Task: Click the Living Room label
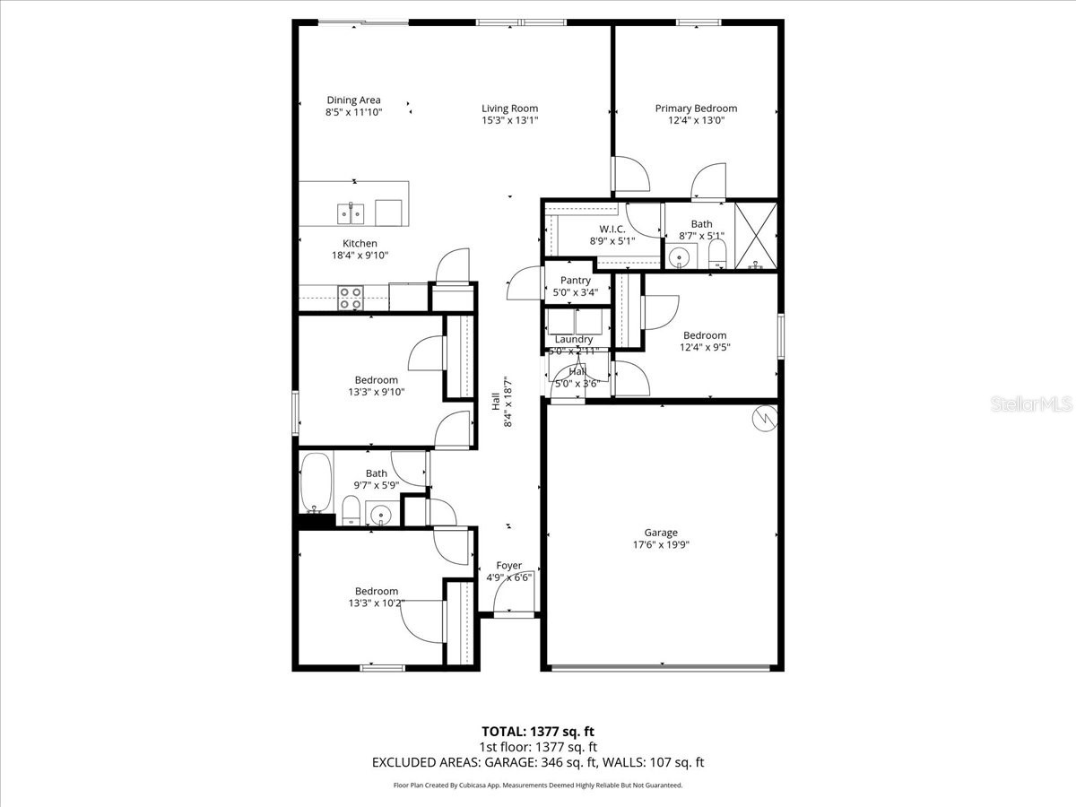point(509,108)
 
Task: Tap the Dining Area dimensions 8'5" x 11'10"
point(353,113)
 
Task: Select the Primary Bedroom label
point(696,108)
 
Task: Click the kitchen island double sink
point(351,213)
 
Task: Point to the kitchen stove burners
point(350,298)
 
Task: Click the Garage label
point(661,533)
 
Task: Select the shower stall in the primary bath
point(756,236)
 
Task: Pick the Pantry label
point(575,281)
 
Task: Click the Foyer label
point(509,566)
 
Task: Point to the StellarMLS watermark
point(1030,404)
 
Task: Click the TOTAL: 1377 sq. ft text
point(538,731)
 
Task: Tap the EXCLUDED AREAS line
point(538,762)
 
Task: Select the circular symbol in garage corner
point(764,418)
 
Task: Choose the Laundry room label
point(573,339)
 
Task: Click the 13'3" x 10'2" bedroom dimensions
point(376,603)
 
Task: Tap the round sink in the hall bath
point(380,515)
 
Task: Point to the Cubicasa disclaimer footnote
point(538,785)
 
